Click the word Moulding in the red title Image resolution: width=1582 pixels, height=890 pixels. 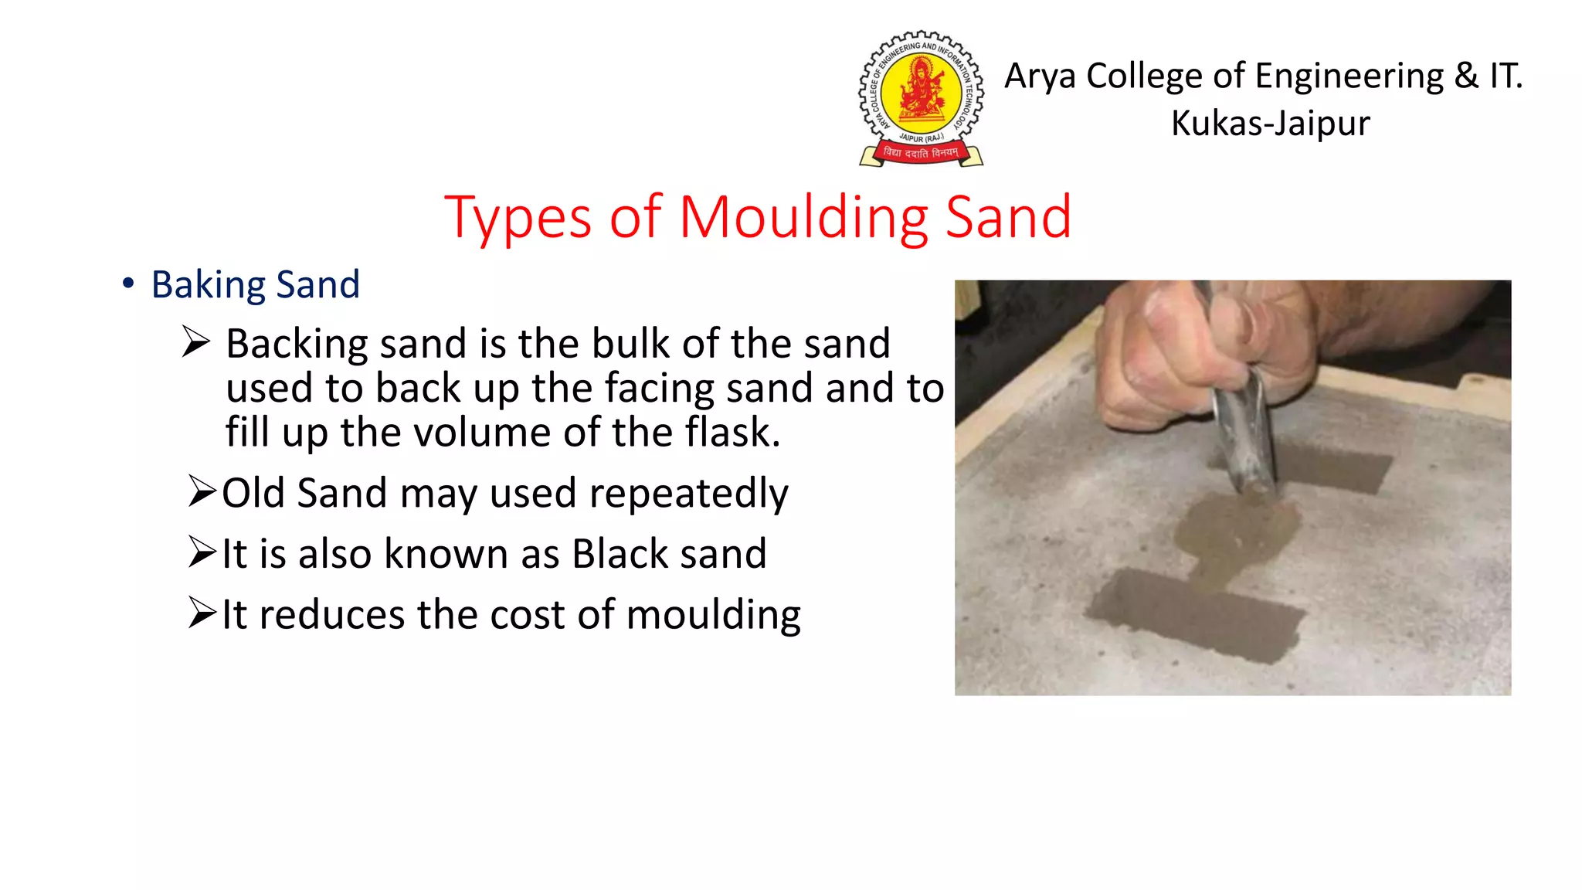point(803,218)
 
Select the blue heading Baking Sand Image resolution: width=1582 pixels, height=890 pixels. point(256,284)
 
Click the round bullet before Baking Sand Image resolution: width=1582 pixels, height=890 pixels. point(128,283)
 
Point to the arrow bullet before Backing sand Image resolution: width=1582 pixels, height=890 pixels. point(196,341)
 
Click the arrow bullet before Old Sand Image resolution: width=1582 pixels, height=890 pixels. point(202,491)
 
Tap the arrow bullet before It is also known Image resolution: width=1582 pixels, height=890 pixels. point(202,552)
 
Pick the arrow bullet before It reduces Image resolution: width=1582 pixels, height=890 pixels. point(202,613)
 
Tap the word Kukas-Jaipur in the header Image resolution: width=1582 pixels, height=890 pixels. point(1270,124)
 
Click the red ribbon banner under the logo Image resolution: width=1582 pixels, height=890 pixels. point(921,153)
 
